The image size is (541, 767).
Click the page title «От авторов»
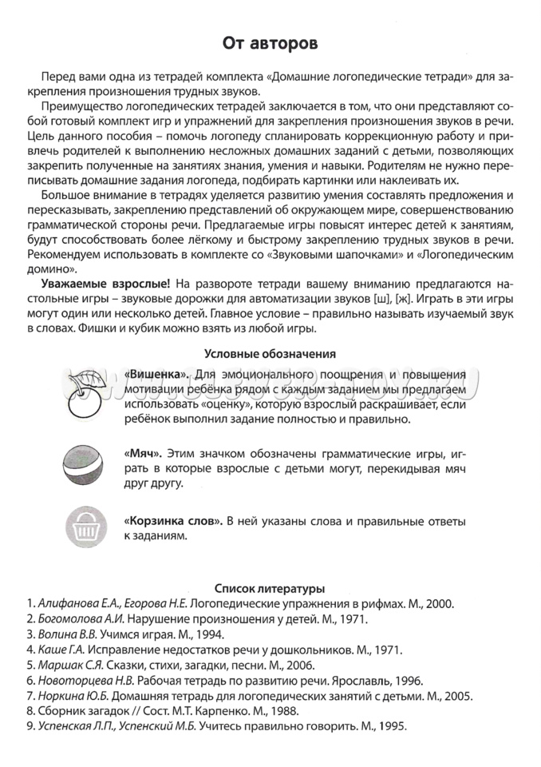click(270, 43)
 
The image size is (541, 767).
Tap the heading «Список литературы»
click(270, 589)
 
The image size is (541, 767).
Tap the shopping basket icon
click(85, 526)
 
